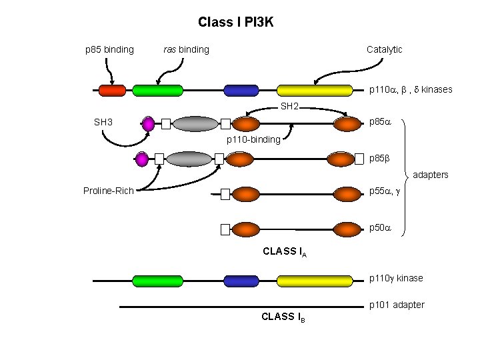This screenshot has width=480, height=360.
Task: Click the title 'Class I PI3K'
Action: (235, 22)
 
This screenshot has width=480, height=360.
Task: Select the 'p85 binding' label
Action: (109, 49)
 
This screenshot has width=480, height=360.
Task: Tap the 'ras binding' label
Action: (186, 49)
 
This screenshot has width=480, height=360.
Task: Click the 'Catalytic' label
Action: (384, 49)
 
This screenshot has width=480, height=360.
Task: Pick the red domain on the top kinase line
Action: (112, 90)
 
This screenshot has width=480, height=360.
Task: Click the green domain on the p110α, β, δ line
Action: (157, 90)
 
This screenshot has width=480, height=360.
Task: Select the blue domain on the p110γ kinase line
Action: (241, 281)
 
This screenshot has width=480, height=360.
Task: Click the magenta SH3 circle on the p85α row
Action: (148, 123)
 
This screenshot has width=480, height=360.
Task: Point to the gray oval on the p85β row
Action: (188, 159)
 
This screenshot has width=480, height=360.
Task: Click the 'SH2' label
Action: (289, 107)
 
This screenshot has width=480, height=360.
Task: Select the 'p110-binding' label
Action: (253, 140)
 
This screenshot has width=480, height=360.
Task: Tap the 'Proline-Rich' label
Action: (109, 191)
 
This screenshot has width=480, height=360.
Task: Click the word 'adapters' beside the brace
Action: (431, 175)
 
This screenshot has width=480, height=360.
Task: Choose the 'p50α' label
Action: (380, 227)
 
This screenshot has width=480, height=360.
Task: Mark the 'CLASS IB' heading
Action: (284, 317)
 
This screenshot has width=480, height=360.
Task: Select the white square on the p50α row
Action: (225, 229)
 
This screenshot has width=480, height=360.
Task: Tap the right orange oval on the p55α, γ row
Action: (346, 194)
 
